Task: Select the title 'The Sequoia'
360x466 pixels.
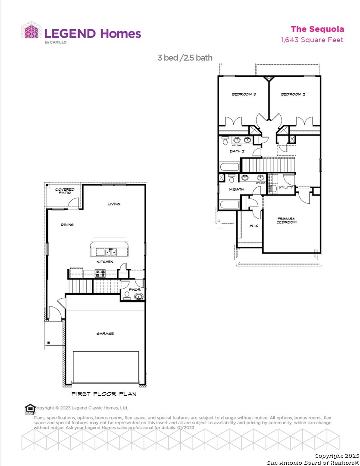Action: coord(317,29)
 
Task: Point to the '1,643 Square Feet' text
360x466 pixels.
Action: coord(312,40)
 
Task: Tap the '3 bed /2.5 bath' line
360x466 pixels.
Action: coord(185,58)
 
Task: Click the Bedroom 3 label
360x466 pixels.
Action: coord(244,94)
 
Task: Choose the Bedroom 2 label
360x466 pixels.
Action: coord(293,94)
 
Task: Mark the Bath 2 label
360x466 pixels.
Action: coord(237,151)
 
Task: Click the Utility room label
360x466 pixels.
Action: coord(286,187)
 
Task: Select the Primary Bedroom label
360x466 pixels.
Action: coord(287,220)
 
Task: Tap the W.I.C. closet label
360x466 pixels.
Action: coord(254,226)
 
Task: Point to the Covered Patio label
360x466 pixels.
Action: coord(64,191)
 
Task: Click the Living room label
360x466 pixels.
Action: coord(114,204)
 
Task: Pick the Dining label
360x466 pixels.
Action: coord(67,225)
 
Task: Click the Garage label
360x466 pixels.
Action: coord(105,334)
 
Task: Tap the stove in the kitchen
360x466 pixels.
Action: coord(100,274)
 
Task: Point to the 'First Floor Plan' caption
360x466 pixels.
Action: coord(104,394)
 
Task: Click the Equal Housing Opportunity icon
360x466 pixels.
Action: coord(30,408)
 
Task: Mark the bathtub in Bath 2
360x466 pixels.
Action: coord(229,167)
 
